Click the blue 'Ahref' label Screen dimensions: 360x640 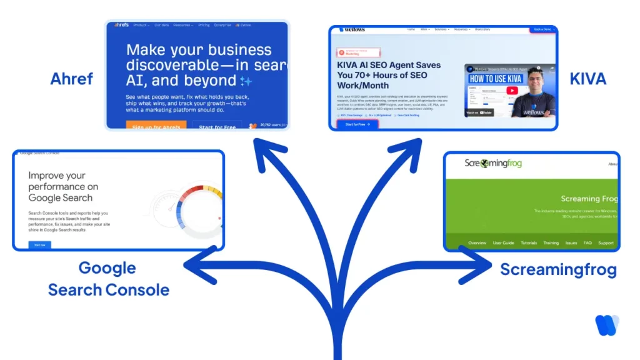click(x=72, y=79)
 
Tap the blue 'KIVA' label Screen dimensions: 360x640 click(x=587, y=79)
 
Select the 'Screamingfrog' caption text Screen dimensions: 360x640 click(x=558, y=269)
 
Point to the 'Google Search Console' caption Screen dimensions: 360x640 click(x=108, y=279)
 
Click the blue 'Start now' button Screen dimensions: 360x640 click(x=40, y=245)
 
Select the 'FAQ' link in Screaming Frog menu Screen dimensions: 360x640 click(x=587, y=243)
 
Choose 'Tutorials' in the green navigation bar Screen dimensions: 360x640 click(x=529, y=243)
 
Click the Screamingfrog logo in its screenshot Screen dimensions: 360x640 click(x=492, y=164)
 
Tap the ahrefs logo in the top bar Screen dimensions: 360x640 click(x=121, y=25)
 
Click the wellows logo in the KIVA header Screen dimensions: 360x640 click(x=352, y=29)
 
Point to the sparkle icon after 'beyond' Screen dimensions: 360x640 click(x=246, y=81)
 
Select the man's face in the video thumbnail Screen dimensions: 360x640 click(x=537, y=82)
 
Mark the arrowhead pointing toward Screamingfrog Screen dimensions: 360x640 click(x=484, y=266)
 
